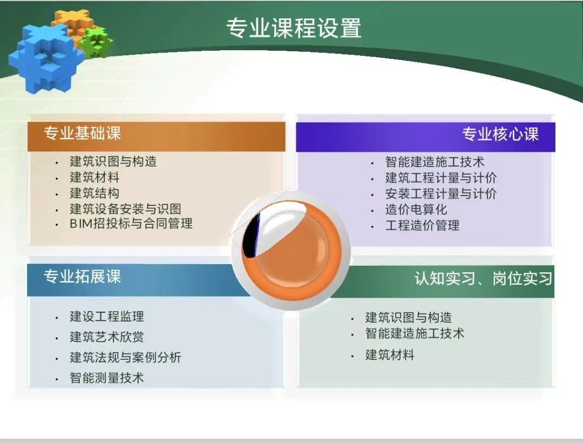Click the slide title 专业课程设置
[294, 28]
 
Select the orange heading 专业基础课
[82, 133]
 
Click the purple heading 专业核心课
[500, 134]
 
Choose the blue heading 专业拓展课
[82, 277]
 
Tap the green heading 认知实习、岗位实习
[483, 278]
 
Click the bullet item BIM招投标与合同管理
[131, 224]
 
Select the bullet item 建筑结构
[94, 193]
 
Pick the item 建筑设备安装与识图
[125, 209]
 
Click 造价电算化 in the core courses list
[416, 210]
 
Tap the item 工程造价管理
[422, 225]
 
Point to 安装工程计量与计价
[440, 193]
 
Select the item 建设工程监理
[107, 317]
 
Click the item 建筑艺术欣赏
[107, 337]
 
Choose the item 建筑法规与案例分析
[125, 358]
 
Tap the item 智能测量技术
[107, 378]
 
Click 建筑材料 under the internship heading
[390, 355]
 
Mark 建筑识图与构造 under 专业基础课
[113, 162]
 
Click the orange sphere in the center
[291, 250]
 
